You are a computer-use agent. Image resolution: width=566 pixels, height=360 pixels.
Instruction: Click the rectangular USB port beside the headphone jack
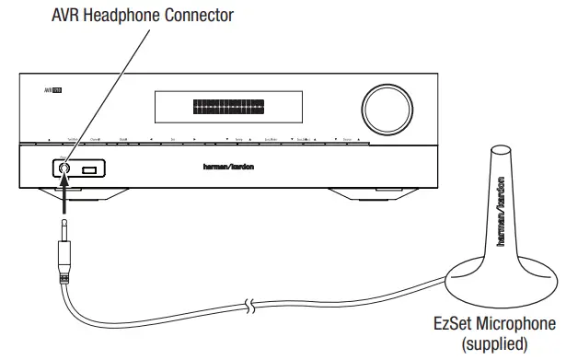pyautogui.click(x=88, y=169)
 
